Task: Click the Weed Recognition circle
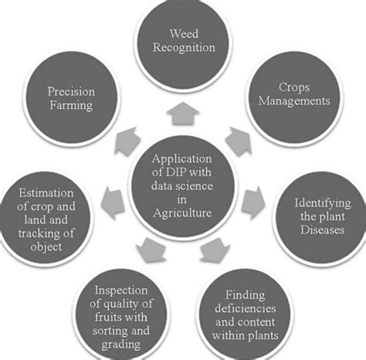point(183,44)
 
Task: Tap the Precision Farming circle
point(72,98)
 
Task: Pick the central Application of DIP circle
point(182,187)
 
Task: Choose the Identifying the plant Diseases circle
point(321,218)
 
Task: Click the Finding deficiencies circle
point(245,314)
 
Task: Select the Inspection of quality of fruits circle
point(121,314)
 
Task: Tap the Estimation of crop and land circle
point(45,218)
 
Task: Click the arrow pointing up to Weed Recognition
point(183,114)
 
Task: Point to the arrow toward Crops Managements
point(239,141)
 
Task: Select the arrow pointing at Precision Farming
point(127,141)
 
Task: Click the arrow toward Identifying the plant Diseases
point(253,202)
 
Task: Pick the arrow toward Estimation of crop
point(113,202)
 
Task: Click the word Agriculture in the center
point(182,213)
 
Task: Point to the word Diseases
point(322,229)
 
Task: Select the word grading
point(121,345)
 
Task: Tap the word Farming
point(71,106)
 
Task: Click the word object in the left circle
point(46,247)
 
